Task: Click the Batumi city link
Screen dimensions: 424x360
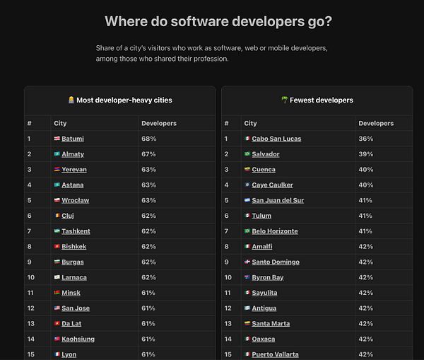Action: (73, 139)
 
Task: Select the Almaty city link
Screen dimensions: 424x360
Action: (73, 154)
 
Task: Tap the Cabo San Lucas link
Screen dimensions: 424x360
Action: (276, 139)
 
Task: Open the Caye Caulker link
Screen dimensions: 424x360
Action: (272, 185)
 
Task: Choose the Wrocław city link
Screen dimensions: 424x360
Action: (75, 200)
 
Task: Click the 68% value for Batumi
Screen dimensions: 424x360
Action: (148, 139)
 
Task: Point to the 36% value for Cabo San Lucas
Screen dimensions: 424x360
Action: (366, 139)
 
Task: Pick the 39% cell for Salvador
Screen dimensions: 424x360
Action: (366, 154)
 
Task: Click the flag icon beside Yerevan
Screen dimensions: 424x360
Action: (57, 170)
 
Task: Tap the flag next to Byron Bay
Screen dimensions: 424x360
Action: (247, 277)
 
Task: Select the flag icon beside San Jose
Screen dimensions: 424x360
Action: (57, 308)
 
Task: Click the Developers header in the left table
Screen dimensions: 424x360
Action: (159, 123)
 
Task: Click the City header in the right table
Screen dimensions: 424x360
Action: (250, 123)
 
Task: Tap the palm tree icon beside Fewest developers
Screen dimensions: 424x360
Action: (285, 100)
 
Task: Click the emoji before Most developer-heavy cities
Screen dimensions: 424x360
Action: (71, 100)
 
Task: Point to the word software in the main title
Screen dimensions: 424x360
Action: (199, 21)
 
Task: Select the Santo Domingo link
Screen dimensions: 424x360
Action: (276, 262)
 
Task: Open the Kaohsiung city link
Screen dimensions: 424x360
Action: (78, 339)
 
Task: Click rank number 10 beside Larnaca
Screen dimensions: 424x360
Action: (31, 277)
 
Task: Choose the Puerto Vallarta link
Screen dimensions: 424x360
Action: (276, 354)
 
